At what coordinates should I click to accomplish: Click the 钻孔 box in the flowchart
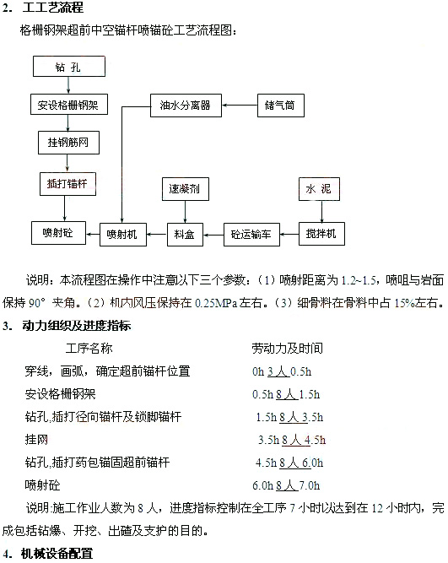coord(69,67)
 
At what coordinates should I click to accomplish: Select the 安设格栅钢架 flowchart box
coord(69,105)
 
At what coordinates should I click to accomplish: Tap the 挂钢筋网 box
coord(68,143)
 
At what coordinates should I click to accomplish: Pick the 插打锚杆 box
coord(67,184)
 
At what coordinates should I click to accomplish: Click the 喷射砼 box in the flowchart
coord(58,233)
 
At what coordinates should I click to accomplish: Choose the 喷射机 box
coord(123,235)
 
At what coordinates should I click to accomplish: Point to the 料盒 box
coord(185,235)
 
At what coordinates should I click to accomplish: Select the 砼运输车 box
coord(251,235)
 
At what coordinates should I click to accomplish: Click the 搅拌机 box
coord(321,234)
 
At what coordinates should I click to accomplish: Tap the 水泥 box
coord(319,189)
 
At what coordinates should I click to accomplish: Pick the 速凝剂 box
coord(186,189)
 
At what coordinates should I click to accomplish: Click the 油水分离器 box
coord(186,106)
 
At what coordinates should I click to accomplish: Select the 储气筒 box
coord(281,106)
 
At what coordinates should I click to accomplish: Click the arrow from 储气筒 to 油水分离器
coord(240,106)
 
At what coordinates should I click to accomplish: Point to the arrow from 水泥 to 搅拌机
coord(321,212)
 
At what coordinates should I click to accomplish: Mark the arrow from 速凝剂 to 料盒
coord(186,212)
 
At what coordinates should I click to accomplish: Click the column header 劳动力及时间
coord(287,349)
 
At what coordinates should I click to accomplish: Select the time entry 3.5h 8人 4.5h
coord(292,440)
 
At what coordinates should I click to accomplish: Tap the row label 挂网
coord(36,440)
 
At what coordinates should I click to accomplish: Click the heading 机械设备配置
coord(57,554)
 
